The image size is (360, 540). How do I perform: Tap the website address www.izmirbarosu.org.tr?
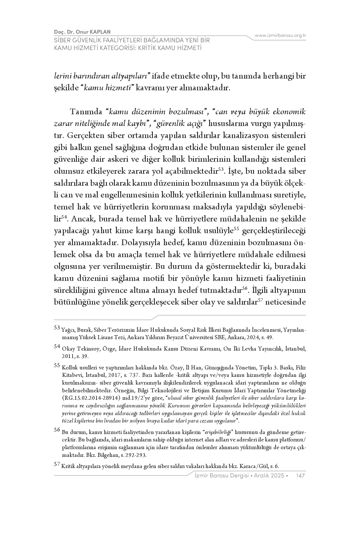click(280, 35)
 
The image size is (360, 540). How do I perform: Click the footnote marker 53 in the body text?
click(221, 169)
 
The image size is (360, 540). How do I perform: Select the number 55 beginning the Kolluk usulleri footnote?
click(57, 365)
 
